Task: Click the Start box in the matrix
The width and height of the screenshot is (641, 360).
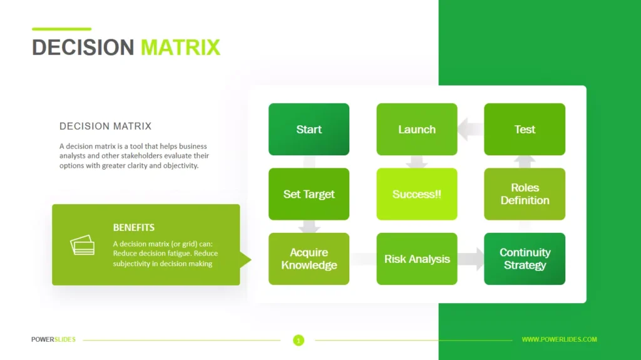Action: (309, 129)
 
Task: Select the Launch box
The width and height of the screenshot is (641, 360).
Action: (416, 129)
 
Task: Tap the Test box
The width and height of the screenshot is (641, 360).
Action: (525, 129)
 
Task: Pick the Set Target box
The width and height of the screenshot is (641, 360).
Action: (309, 194)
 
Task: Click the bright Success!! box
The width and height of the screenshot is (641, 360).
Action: (416, 194)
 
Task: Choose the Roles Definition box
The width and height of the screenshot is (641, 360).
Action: (525, 194)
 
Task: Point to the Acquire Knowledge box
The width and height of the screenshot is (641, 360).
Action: (309, 259)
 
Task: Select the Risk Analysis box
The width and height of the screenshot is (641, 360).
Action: (416, 259)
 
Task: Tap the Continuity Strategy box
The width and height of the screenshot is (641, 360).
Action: (525, 259)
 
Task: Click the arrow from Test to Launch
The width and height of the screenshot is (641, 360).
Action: (471, 129)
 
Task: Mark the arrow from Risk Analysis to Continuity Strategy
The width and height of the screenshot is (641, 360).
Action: (471, 259)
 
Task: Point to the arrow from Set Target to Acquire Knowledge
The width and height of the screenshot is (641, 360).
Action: (309, 227)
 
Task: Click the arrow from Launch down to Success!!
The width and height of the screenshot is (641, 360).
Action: (416, 162)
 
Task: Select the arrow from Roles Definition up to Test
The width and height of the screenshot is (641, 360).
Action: (525, 162)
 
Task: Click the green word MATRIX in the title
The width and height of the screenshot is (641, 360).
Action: (180, 48)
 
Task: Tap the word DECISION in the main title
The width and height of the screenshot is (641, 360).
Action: (83, 48)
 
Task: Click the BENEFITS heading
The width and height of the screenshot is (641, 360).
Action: (134, 227)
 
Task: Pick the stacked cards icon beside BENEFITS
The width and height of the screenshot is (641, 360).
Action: (82, 245)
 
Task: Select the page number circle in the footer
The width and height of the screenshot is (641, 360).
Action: (299, 340)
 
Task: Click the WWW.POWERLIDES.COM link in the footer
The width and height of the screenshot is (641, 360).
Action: (559, 339)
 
